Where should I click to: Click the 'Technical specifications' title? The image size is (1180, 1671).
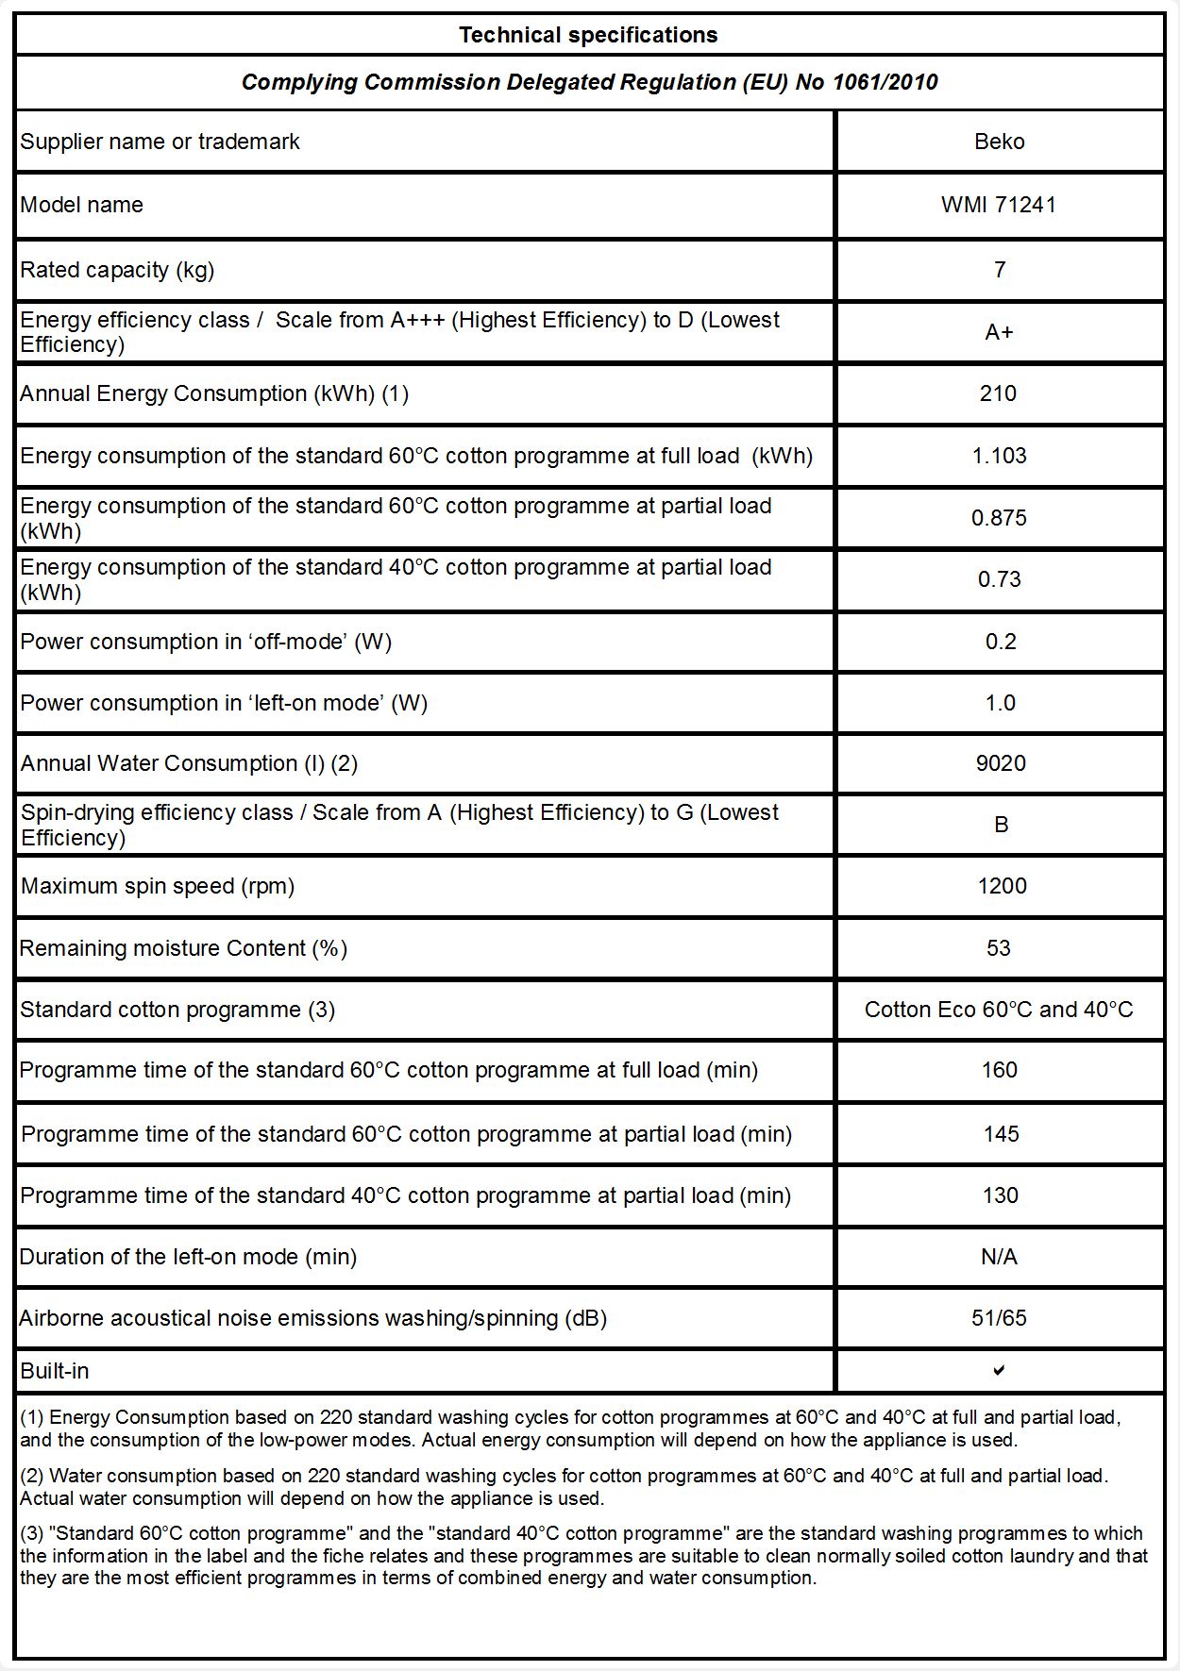[588, 35]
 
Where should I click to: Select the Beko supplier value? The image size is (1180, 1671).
[999, 142]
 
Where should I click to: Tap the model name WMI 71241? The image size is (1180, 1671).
[999, 205]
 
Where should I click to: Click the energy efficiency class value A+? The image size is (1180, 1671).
[999, 332]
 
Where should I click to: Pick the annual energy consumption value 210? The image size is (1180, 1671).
[998, 393]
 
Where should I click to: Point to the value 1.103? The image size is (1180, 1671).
[999, 456]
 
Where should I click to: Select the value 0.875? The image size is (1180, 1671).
[999, 518]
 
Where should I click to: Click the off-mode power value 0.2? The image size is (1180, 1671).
[1001, 642]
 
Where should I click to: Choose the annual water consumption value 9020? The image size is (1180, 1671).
[1001, 763]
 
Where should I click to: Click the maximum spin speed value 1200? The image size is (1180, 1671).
[1002, 886]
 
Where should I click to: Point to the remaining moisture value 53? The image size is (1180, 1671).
[999, 948]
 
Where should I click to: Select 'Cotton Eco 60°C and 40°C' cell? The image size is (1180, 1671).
[999, 1010]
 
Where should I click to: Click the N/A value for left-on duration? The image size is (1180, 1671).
[999, 1257]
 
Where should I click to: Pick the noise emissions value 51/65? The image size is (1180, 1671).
[999, 1318]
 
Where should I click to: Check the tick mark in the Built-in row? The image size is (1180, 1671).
[999, 1370]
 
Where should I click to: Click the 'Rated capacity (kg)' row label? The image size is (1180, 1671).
[117, 270]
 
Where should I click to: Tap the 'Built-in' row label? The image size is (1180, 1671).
[55, 1371]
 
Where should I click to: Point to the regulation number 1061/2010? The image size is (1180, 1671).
[885, 82]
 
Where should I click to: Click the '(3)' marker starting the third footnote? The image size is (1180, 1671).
[32, 1533]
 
